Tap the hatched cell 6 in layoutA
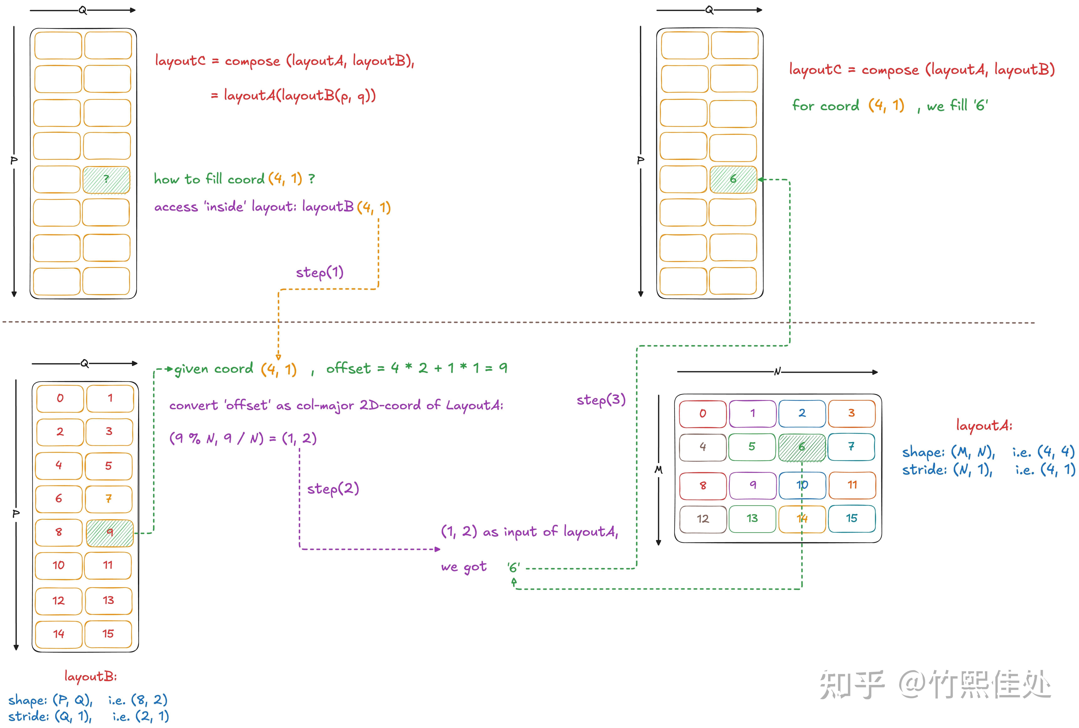(802, 447)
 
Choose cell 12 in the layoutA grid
(702, 519)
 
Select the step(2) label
(333, 488)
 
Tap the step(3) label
(601, 400)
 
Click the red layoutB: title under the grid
(91, 676)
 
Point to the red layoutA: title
(984, 425)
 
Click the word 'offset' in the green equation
(348, 369)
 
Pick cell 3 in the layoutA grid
(852, 413)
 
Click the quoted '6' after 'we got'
(514, 567)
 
